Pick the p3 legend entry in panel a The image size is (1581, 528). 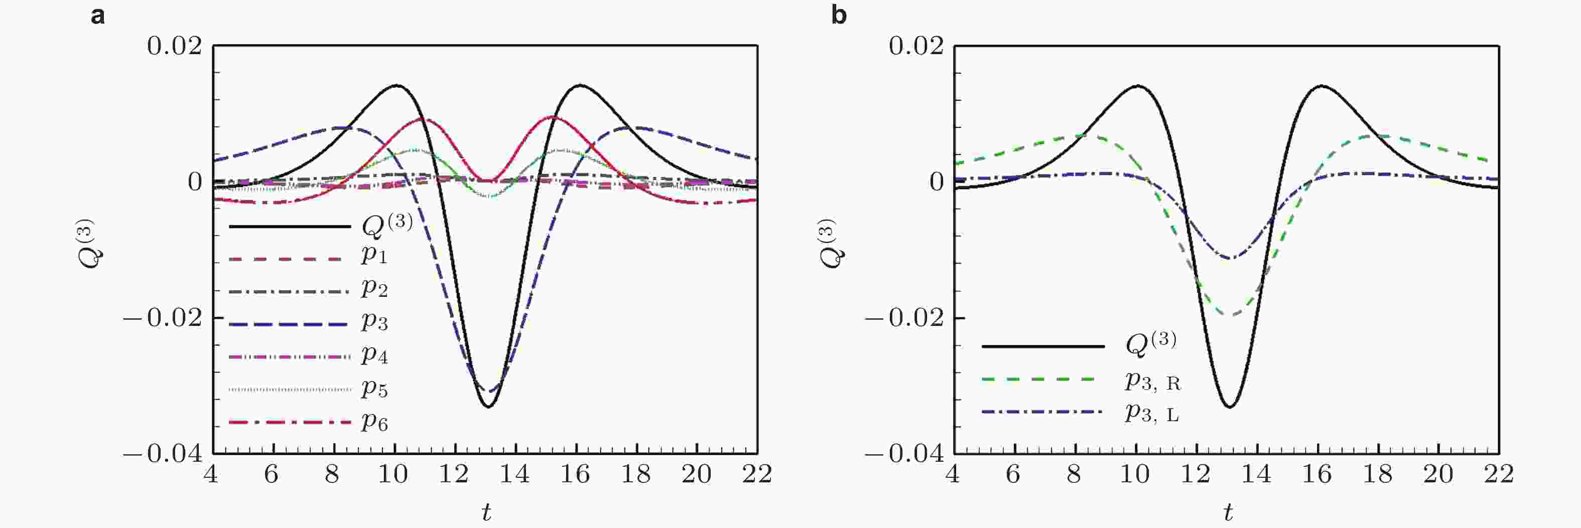point(374,321)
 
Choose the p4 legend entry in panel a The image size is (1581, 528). point(374,355)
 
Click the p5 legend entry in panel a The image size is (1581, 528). point(374,388)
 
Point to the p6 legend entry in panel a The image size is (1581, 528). point(374,422)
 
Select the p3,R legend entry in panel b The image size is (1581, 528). point(1152,382)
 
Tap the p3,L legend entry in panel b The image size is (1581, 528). point(1152,413)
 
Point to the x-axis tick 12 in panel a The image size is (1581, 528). point(454,474)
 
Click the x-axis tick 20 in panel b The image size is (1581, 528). point(1437,474)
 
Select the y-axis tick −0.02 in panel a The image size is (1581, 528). point(163,318)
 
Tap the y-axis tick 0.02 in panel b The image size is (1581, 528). point(915,46)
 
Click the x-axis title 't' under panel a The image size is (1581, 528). point(486,512)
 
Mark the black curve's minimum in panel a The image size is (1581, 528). point(488,407)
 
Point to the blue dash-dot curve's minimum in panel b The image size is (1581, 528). point(1230,258)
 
